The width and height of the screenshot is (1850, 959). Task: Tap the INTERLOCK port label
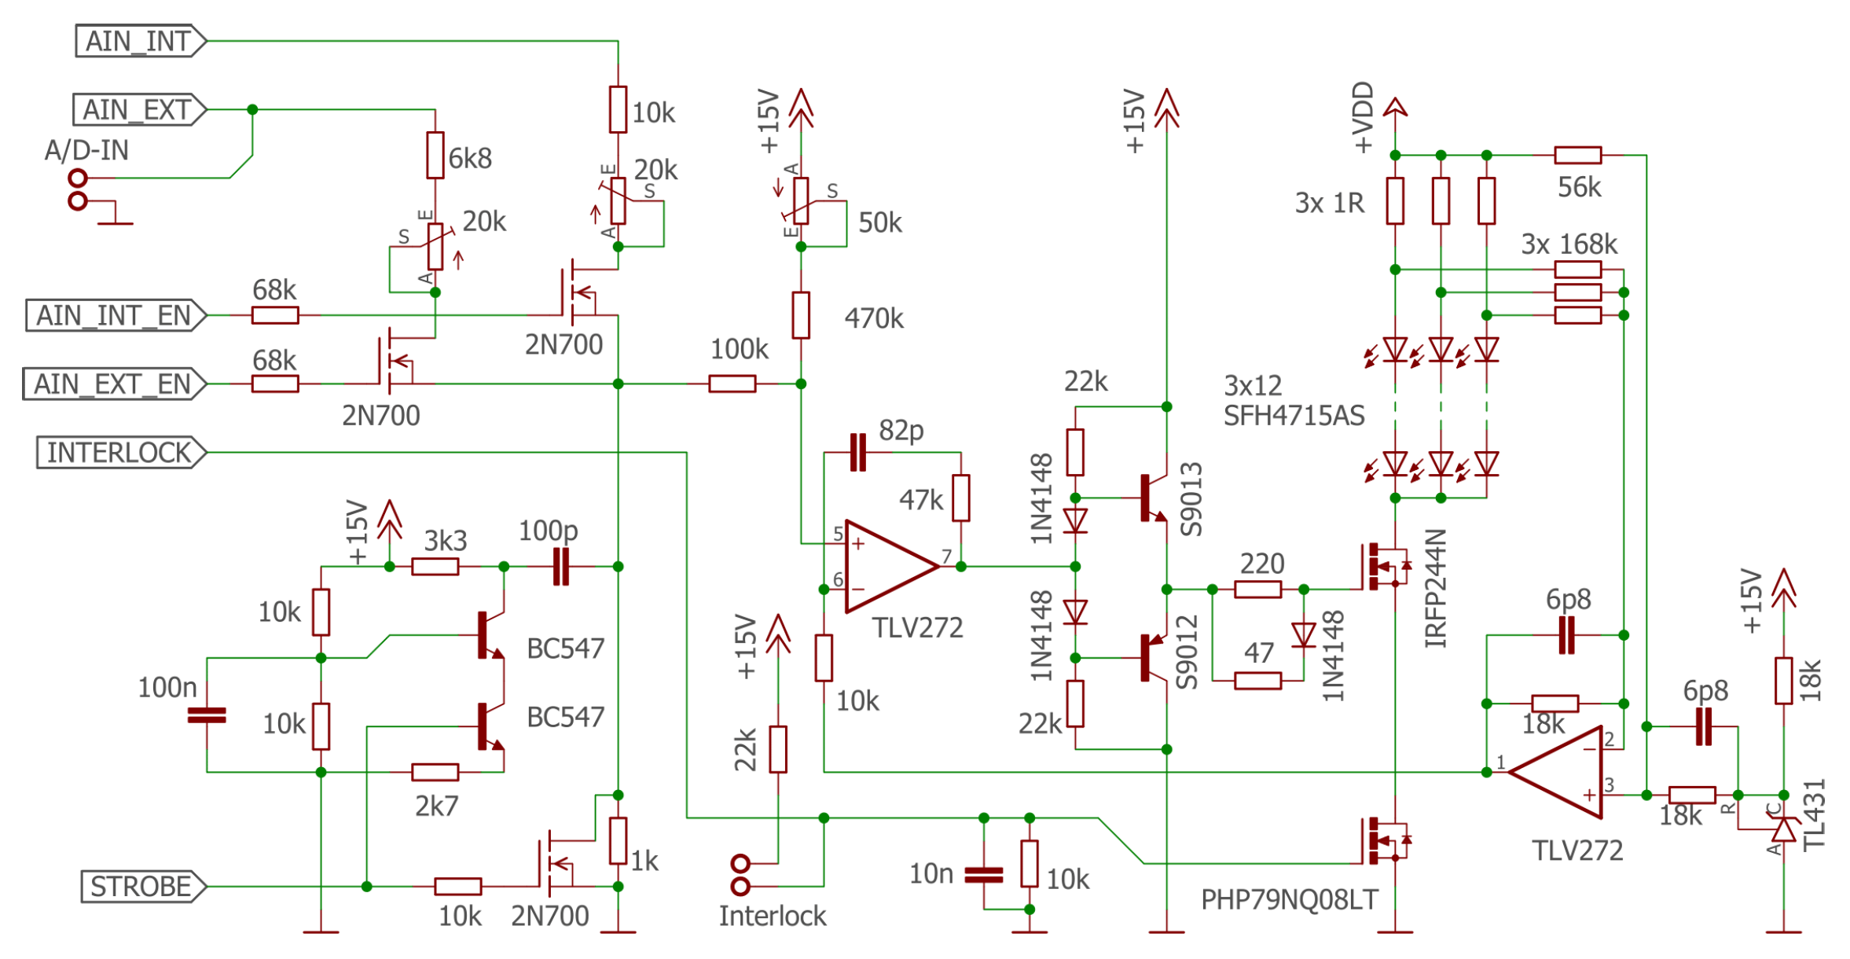(120, 453)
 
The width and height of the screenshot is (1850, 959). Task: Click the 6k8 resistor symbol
(435, 156)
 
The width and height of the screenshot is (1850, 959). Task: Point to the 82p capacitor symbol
(858, 453)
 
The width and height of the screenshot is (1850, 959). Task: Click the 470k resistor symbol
(800, 315)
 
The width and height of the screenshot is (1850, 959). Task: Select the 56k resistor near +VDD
(1577, 156)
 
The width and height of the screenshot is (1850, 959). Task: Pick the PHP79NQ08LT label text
(1289, 900)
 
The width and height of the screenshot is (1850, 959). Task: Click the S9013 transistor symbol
(1151, 498)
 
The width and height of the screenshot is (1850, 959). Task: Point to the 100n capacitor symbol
(207, 715)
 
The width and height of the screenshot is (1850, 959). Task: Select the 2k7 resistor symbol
(435, 772)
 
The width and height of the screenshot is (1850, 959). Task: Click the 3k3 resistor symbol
(435, 567)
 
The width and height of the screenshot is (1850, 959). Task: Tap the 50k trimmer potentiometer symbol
(800, 201)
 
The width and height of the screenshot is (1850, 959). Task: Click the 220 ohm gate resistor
(1257, 589)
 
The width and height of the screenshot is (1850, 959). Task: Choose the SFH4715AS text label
(1294, 415)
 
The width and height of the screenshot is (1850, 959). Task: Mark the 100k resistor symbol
(732, 384)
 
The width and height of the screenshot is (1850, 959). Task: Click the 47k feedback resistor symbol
(960, 498)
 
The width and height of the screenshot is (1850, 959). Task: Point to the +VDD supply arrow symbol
(1395, 108)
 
